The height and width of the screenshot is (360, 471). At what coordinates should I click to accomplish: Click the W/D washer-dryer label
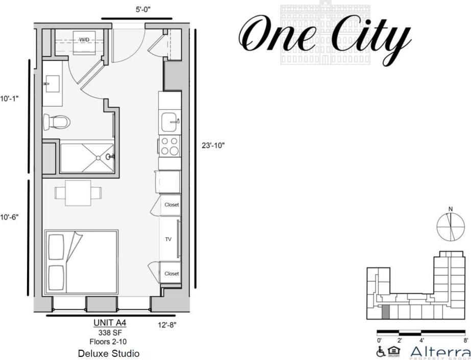click(84, 39)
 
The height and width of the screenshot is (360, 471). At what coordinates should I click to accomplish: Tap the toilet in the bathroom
click(57, 122)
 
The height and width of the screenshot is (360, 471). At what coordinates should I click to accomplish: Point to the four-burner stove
click(170, 146)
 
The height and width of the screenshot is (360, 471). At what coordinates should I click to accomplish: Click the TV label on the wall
click(168, 239)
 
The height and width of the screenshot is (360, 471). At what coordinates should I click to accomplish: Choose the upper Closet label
click(171, 205)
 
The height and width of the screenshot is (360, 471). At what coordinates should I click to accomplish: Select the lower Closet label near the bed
click(171, 274)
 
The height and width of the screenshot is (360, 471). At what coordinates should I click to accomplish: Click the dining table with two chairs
click(78, 193)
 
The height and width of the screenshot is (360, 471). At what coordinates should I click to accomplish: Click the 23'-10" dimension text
click(213, 145)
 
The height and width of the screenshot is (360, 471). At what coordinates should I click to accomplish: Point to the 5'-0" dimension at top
click(136, 9)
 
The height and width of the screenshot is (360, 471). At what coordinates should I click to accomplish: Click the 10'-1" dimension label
click(9, 99)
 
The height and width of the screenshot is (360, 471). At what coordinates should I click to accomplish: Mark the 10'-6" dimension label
click(9, 217)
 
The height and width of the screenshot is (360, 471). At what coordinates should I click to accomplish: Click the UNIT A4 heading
click(110, 323)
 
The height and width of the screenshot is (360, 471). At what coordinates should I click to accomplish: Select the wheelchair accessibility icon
click(381, 351)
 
